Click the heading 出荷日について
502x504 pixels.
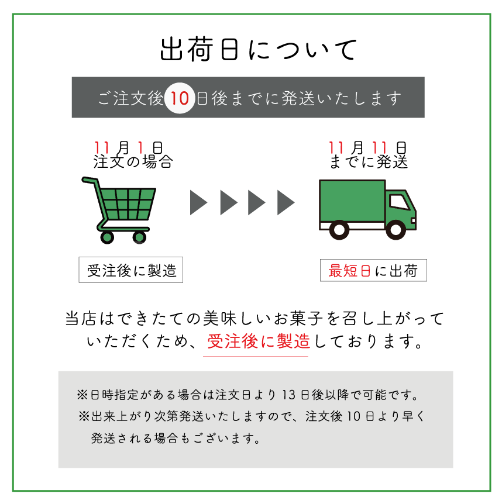(257, 50)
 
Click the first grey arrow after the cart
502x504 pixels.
(198, 202)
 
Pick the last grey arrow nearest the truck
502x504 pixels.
(286, 202)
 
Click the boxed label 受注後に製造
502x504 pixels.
(131, 271)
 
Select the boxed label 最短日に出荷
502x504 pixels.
(373, 271)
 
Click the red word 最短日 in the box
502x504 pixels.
(349, 271)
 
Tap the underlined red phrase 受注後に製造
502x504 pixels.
(257, 341)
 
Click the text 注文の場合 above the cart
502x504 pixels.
(133, 162)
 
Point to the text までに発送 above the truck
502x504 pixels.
(369, 162)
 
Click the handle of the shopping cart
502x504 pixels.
(88, 181)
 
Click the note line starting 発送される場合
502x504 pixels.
(176, 437)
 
